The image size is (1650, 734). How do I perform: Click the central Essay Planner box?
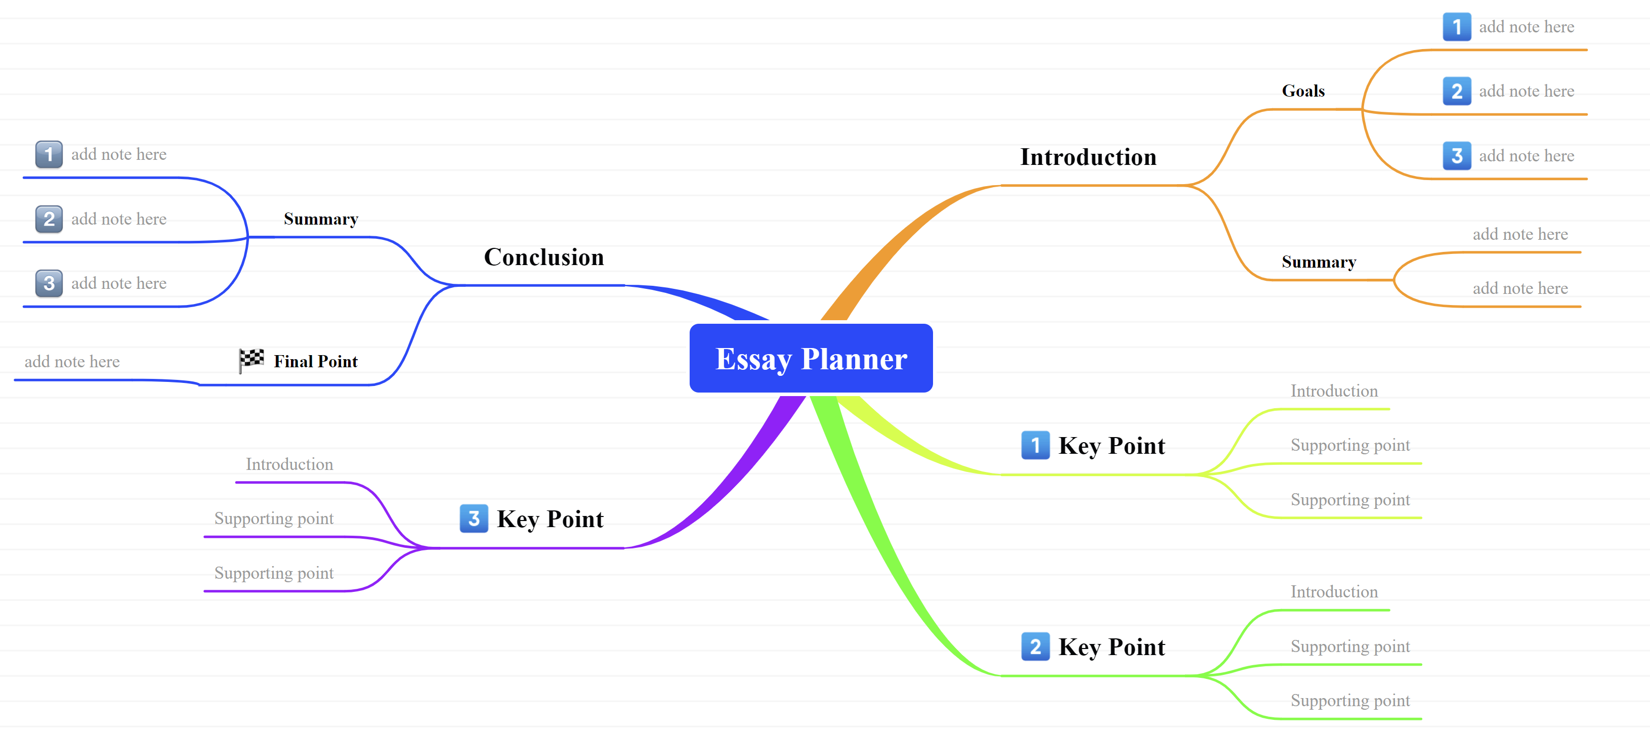click(x=811, y=358)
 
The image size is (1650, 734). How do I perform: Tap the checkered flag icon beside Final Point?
click(x=251, y=360)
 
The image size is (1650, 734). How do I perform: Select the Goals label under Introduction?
click(x=1303, y=91)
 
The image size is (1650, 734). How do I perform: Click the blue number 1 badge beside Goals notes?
click(x=1457, y=27)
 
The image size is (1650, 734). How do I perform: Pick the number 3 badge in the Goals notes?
click(x=1457, y=156)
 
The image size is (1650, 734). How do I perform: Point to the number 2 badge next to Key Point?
click(x=1035, y=646)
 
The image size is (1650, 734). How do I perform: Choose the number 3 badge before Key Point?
click(x=474, y=518)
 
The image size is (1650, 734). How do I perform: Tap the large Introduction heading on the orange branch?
click(x=1088, y=157)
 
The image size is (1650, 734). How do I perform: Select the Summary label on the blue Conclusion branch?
click(x=321, y=219)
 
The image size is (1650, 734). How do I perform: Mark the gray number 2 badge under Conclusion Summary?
click(x=49, y=219)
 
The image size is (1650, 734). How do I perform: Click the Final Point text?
click(x=315, y=361)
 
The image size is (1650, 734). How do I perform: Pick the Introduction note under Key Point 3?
click(x=289, y=464)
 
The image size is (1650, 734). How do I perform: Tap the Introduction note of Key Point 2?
click(x=1334, y=592)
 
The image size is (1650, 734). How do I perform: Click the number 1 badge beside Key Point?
click(x=1035, y=445)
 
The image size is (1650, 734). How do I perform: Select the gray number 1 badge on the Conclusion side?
click(x=49, y=154)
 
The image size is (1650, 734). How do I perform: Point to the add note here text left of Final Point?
click(x=72, y=361)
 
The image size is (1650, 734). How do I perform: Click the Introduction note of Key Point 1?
click(x=1334, y=391)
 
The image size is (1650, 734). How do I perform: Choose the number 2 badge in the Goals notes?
click(x=1457, y=91)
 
